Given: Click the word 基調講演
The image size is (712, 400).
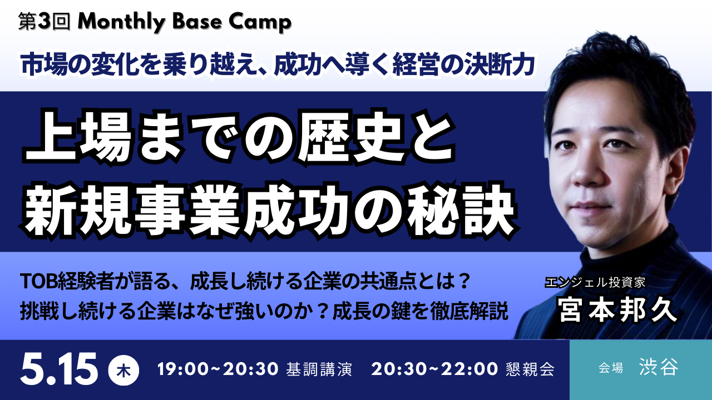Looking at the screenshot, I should (x=319, y=370).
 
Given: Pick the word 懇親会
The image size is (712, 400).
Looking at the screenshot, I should (x=531, y=370).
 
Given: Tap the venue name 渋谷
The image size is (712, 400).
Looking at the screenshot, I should (x=659, y=368).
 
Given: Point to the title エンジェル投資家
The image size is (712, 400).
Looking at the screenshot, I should (x=595, y=282).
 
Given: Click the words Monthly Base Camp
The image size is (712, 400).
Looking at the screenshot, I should (x=185, y=22).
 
